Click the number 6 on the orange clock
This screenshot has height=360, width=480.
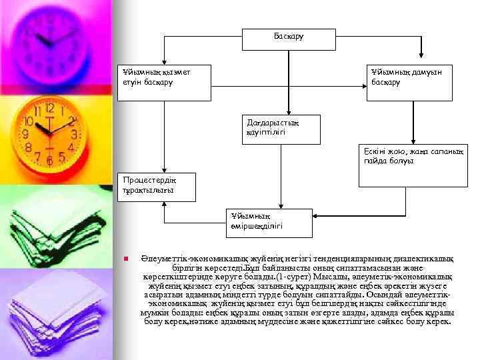[x=49, y=161]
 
